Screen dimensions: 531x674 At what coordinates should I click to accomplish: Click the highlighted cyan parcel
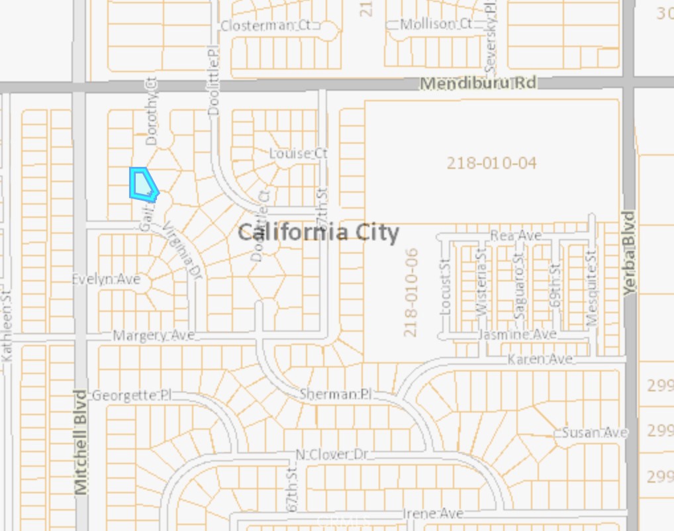coord(142,184)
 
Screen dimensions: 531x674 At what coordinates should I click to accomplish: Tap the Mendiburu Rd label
coord(478,83)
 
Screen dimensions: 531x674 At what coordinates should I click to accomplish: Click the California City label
coord(318,232)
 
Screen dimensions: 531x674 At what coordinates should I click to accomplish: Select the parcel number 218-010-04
coord(491,163)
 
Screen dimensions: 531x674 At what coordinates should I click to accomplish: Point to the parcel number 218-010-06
coord(410,292)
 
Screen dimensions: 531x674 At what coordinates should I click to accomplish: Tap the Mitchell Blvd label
coord(81,442)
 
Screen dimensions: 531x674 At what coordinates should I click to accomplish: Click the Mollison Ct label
coord(436,24)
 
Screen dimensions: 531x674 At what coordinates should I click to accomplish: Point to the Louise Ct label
coord(299,153)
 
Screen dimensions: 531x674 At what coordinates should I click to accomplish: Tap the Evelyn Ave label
coord(106,279)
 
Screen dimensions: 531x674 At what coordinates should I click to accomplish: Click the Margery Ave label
coord(154,336)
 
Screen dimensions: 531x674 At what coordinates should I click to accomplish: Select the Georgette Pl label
coord(131,395)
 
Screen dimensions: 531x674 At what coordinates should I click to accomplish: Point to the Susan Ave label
coord(595,432)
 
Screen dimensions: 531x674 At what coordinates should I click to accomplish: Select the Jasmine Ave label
coord(517,334)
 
